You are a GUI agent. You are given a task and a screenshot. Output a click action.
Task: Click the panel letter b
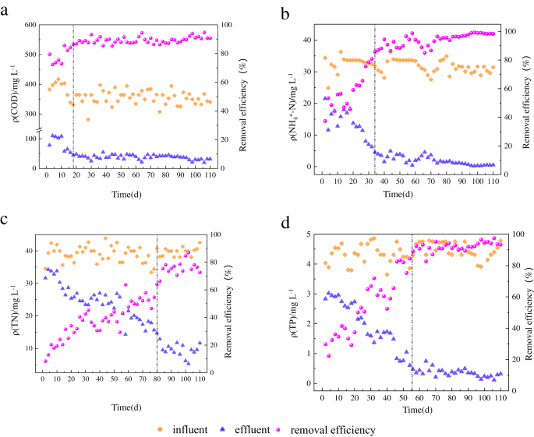(286, 14)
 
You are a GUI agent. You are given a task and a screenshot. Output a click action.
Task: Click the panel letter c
(6, 221)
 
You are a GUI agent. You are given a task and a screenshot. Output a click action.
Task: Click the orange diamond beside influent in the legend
(161, 429)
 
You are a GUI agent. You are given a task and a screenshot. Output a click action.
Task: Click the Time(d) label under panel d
(409, 408)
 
